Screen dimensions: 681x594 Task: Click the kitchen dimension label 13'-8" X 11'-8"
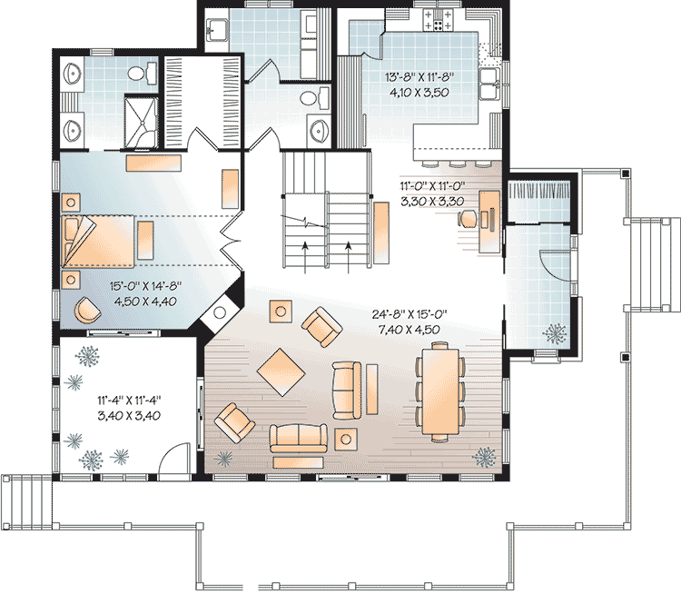(x=419, y=77)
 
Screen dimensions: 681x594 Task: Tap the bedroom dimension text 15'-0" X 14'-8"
(x=145, y=286)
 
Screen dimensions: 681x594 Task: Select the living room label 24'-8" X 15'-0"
(x=410, y=313)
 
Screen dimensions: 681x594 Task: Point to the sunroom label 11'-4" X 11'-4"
(x=129, y=400)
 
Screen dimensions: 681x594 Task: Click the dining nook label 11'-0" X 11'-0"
(x=432, y=186)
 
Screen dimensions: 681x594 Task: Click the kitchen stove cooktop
(x=438, y=20)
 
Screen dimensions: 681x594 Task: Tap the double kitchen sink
(x=490, y=84)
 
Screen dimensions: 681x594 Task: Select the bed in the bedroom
(x=98, y=242)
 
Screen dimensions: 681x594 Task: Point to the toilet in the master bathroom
(x=143, y=73)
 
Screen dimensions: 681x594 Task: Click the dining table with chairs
(x=440, y=392)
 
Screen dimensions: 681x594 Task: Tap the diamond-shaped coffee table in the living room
(x=281, y=372)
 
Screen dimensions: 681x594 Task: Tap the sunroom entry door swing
(x=174, y=459)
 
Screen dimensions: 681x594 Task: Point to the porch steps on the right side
(x=654, y=265)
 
